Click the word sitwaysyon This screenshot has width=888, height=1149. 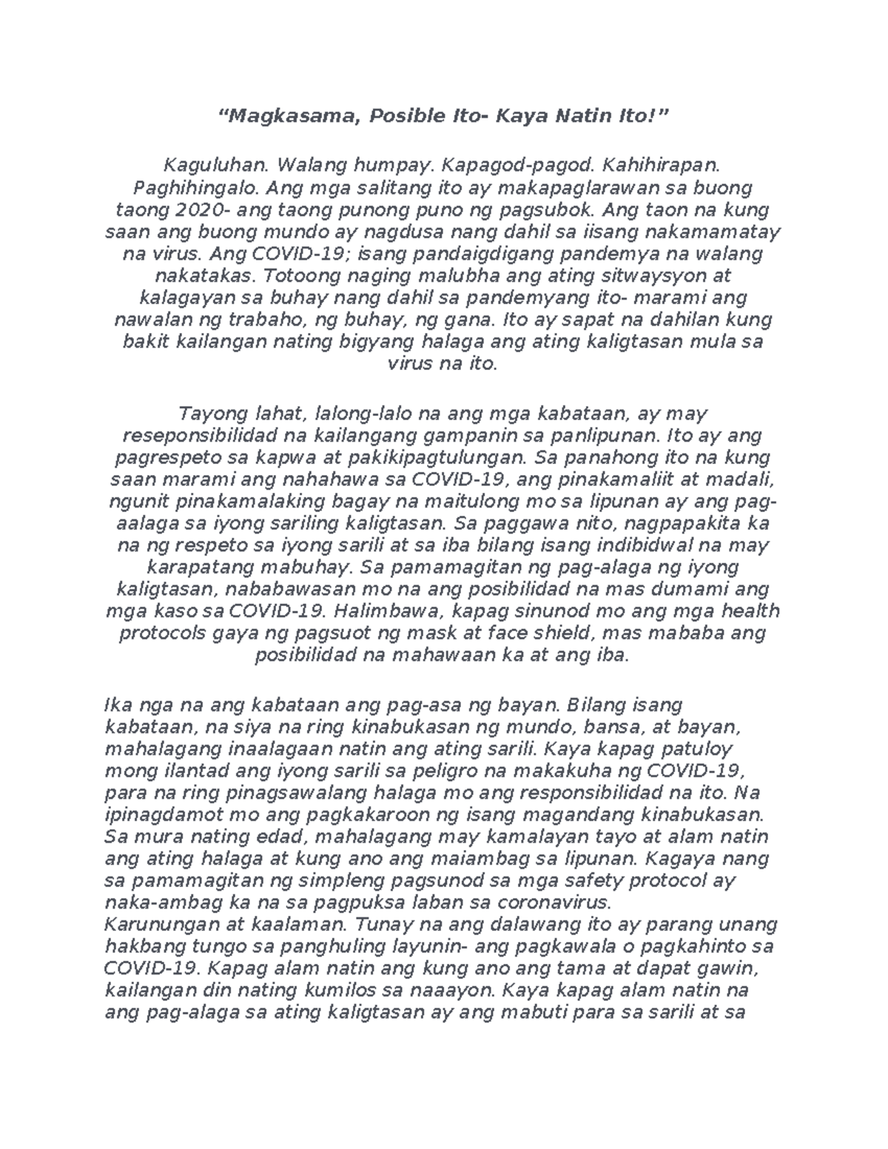coord(653,276)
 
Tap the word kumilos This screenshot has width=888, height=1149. coord(391,991)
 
